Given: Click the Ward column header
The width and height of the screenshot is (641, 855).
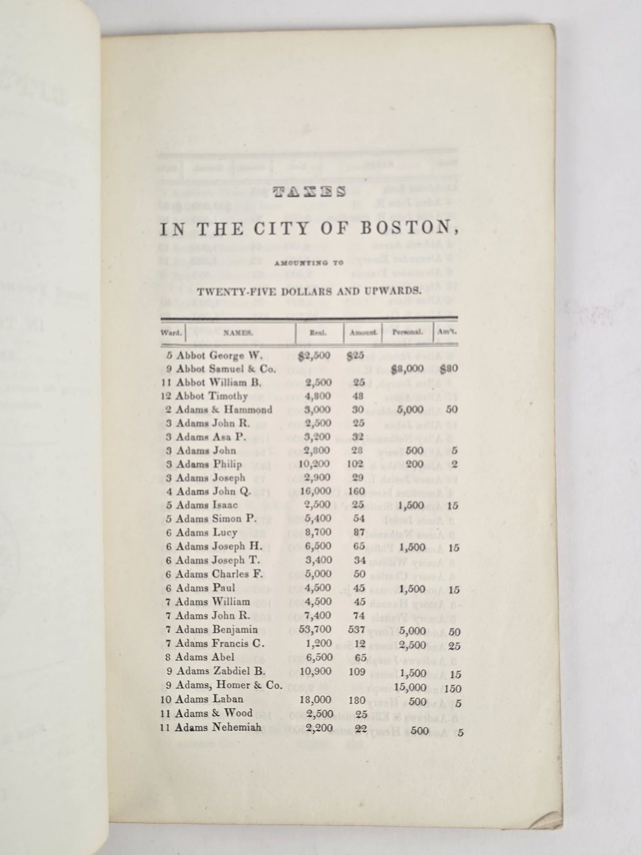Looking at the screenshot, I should tap(172, 333).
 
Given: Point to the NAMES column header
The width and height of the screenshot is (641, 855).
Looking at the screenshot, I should tap(238, 333).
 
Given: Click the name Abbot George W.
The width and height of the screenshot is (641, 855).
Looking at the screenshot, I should tap(216, 355).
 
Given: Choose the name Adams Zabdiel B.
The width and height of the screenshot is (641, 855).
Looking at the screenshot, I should tap(221, 671).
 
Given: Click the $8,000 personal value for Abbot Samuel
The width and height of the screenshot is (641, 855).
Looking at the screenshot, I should tap(407, 369).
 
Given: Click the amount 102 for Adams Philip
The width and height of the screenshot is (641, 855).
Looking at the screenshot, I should tap(355, 464).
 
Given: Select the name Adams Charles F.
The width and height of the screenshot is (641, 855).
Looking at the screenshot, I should tap(219, 574).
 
